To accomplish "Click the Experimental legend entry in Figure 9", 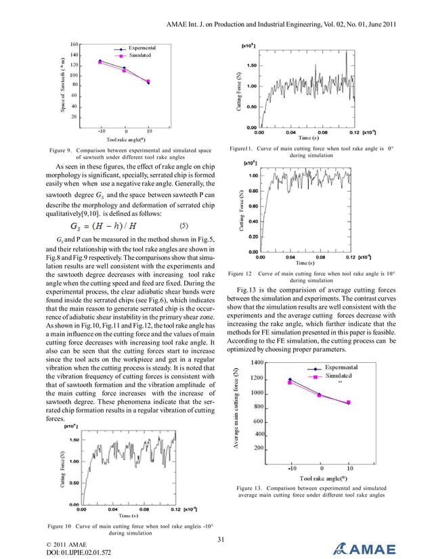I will [x=142, y=48].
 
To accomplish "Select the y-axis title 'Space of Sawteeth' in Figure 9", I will [x=62, y=84].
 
